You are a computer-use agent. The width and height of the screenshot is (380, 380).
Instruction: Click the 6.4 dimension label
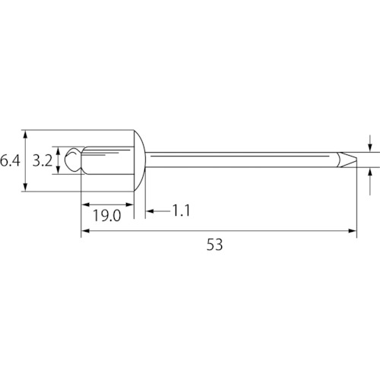tap(10, 160)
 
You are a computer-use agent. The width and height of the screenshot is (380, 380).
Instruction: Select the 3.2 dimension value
tap(43, 160)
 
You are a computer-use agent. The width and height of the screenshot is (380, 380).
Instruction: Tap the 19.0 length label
tap(106, 216)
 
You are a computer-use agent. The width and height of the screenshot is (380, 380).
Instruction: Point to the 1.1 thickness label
tap(181, 211)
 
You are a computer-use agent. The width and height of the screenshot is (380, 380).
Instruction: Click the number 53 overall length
tap(215, 245)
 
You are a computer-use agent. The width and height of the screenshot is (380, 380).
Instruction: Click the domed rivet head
tap(140, 160)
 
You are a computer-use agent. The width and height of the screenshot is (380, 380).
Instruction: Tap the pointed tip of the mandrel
tap(356, 159)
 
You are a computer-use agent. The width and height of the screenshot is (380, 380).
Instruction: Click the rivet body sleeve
tap(108, 160)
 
